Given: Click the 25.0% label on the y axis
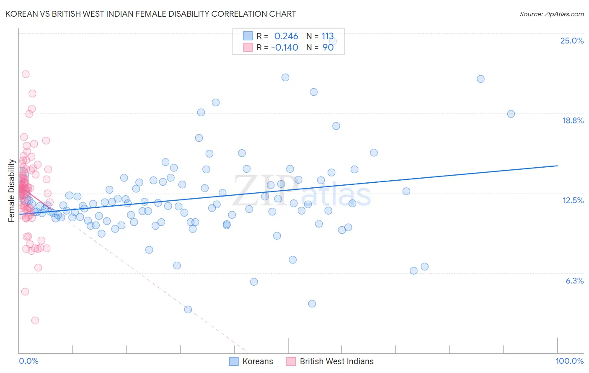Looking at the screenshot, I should pyautogui.click(x=572, y=41).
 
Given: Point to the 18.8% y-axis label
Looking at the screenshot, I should pyautogui.click(x=573, y=121).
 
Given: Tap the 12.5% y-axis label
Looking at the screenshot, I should pyautogui.click(x=573, y=201).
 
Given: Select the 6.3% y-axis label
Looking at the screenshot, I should pyautogui.click(x=574, y=281).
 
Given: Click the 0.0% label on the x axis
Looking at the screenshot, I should pyautogui.click(x=28, y=361).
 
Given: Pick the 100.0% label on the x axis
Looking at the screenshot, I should pyautogui.click(x=569, y=361).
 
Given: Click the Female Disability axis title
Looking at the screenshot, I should pyautogui.click(x=12, y=190).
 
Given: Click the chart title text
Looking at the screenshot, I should pyautogui.click(x=150, y=14).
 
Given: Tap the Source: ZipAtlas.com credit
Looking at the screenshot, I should pyautogui.click(x=551, y=14).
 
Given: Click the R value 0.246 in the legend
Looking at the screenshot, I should pyautogui.click(x=286, y=36).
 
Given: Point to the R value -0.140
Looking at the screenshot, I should pyautogui.click(x=285, y=48).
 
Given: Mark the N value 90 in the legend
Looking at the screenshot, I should pyautogui.click(x=328, y=48).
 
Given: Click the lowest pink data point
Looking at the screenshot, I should pyautogui.click(x=35, y=320).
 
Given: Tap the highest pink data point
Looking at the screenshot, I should pyautogui.click(x=26, y=74).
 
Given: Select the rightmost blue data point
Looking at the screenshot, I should pyautogui.click(x=511, y=114).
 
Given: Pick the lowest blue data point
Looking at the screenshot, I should pyautogui.click(x=188, y=309).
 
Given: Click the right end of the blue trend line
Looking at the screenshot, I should pyautogui.click(x=557, y=166).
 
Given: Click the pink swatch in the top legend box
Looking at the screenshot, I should pyautogui.click(x=248, y=48).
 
